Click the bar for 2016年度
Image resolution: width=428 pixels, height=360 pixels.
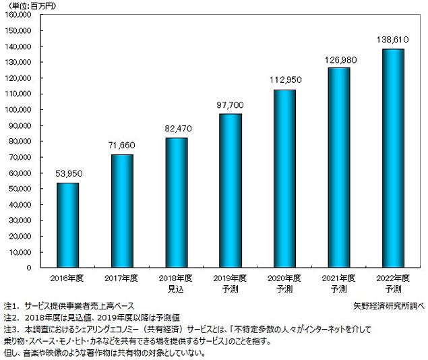[x=67, y=225]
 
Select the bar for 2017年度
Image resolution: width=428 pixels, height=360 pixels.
[x=122, y=211]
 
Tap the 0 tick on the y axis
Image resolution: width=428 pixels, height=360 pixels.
[x=38, y=268]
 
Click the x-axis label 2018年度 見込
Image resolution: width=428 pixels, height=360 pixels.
[x=176, y=282]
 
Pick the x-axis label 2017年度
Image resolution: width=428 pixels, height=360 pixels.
[x=122, y=277]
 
